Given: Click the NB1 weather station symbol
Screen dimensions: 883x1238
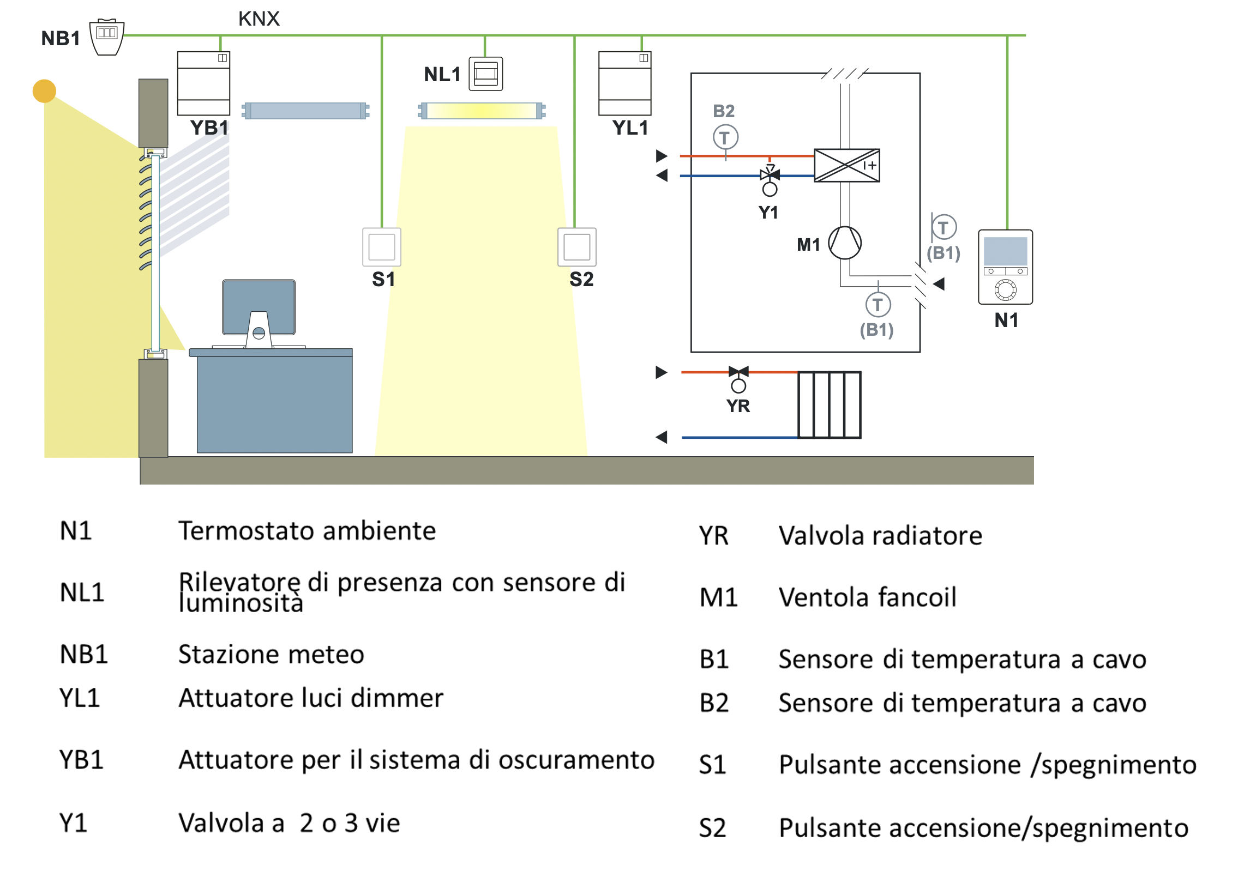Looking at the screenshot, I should (x=107, y=37).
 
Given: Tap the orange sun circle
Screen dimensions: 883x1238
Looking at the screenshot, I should (x=44, y=91).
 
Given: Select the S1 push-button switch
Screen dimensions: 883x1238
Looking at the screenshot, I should (x=382, y=247).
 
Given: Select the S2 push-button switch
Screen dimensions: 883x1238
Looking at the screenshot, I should (x=576, y=247).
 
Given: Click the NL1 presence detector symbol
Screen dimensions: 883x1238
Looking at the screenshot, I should (x=485, y=74).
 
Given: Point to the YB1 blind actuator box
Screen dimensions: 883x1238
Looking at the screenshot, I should (x=203, y=83).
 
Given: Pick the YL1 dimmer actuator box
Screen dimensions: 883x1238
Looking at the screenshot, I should (x=624, y=83).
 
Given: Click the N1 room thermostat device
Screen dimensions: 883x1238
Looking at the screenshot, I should (x=1005, y=267).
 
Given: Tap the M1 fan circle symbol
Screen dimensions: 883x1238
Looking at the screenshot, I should (x=844, y=243).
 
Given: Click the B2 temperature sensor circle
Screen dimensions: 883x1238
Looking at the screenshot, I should (x=725, y=137).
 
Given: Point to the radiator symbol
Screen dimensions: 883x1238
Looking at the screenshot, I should (x=829, y=404).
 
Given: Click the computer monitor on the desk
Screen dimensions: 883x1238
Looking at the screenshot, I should (x=259, y=308).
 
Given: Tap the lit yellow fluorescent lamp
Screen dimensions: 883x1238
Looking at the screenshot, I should (x=482, y=111).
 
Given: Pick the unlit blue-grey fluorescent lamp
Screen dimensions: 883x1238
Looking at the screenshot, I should (x=305, y=111).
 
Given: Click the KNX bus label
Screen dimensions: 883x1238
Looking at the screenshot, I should (x=259, y=19).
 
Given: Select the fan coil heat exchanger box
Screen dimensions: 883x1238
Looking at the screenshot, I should (x=846, y=165).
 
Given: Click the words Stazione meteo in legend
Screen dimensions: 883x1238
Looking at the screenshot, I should (x=271, y=654).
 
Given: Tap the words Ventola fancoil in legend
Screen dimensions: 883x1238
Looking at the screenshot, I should (x=867, y=597).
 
